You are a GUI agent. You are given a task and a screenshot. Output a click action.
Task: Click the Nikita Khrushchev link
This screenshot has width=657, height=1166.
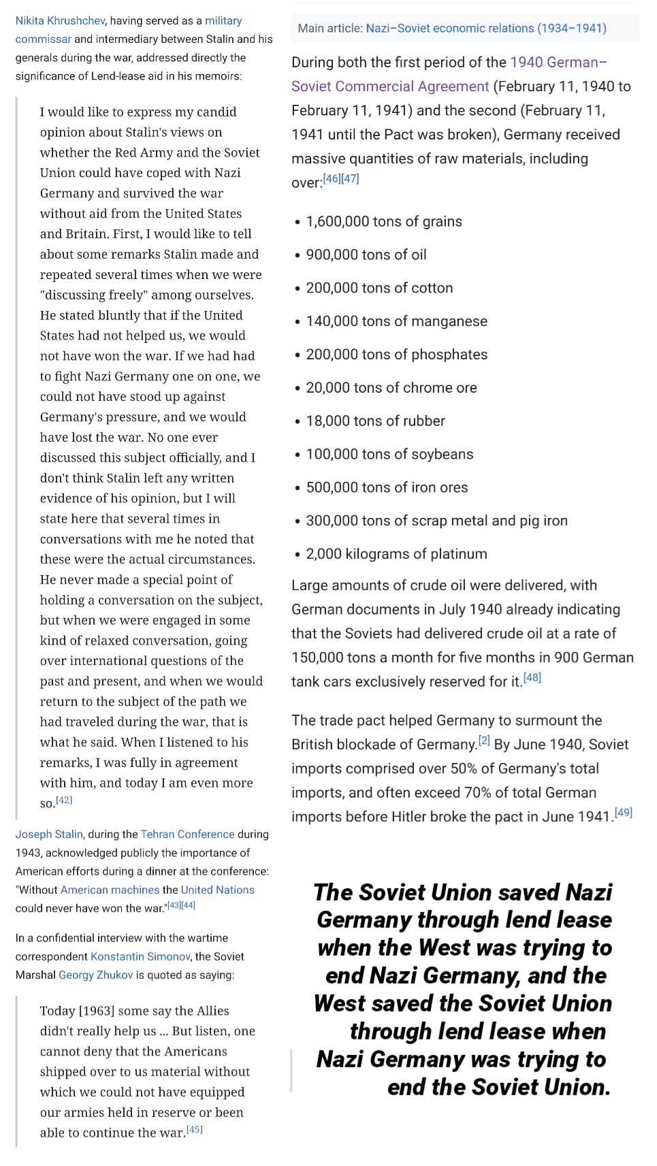tap(60, 21)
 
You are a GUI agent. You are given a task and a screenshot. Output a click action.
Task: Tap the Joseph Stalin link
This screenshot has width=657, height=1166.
tap(49, 834)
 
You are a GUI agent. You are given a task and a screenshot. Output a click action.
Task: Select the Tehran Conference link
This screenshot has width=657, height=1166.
tap(187, 834)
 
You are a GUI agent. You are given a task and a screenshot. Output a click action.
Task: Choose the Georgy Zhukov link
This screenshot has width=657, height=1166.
tap(95, 975)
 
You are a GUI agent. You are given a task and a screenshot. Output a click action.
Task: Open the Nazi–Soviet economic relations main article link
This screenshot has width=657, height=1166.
tap(485, 29)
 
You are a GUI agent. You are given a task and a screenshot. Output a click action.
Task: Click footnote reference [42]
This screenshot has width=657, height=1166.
tap(64, 800)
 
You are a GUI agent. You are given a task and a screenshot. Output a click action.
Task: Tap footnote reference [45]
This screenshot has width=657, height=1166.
tap(195, 1130)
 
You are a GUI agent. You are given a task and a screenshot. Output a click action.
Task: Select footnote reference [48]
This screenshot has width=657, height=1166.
tap(532, 678)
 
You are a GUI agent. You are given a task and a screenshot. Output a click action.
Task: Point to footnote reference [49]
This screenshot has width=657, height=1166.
tap(623, 813)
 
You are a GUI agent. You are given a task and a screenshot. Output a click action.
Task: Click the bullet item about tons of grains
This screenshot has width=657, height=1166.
tap(383, 222)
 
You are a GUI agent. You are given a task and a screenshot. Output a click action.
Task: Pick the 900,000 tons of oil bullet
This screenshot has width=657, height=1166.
tap(366, 255)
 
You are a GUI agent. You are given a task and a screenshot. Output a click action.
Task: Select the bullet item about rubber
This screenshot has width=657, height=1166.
tap(375, 421)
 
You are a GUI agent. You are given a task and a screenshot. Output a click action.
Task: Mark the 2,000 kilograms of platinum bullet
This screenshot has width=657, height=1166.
tap(396, 554)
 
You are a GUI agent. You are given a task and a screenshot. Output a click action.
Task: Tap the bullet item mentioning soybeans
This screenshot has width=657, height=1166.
tap(389, 455)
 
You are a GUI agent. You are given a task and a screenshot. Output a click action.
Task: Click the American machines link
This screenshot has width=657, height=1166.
tap(110, 890)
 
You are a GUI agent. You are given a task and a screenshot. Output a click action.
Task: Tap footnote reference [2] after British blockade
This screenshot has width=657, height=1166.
tap(483, 741)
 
